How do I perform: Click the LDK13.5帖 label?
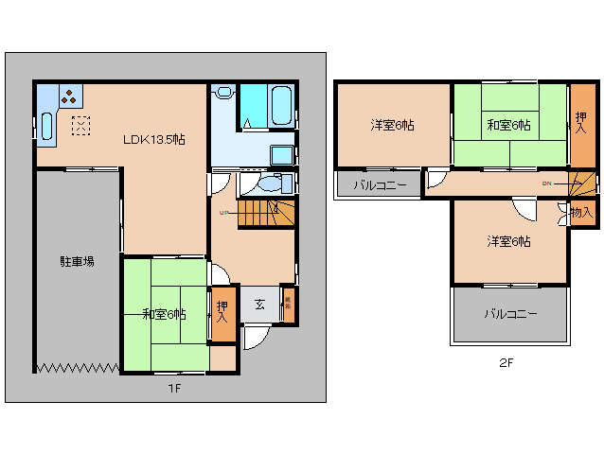pyautogui.click(x=153, y=139)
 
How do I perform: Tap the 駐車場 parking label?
pyautogui.click(x=77, y=261)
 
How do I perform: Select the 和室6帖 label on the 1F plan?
pyautogui.click(x=164, y=313)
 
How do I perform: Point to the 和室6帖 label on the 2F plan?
pyautogui.click(x=509, y=124)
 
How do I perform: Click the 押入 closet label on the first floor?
pyautogui.click(x=222, y=311)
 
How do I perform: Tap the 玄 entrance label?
pyautogui.click(x=258, y=304)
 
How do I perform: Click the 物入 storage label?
pyautogui.click(x=581, y=214)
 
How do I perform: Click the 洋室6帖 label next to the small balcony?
pyautogui.click(x=392, y=124)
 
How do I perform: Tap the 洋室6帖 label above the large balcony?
pyautogui.click(x=509, y=242)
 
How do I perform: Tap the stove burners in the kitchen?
pyautogui.click(x=70, y=95)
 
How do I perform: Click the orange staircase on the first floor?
pyautogui.click(x=266, y=214)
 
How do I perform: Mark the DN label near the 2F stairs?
pyautogui.click(x=546, y=182)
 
